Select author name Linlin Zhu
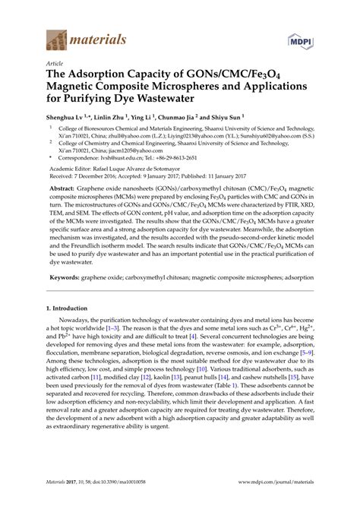click(115, 119)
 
